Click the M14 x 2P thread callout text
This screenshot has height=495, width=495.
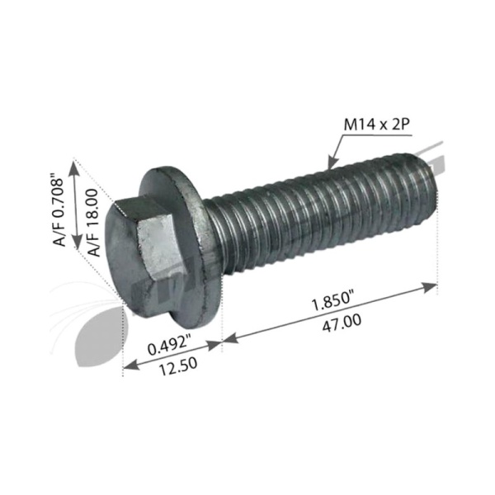click(376, 125)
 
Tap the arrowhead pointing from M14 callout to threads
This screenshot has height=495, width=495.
click(332, 162)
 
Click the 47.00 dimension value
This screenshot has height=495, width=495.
click(342, 323)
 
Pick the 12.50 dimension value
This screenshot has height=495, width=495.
click(178, 366)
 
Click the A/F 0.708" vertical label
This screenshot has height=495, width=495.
click(59, 212)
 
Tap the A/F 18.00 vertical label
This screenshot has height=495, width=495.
click(93, 223)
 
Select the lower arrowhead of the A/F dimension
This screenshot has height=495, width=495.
click(77, 240)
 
